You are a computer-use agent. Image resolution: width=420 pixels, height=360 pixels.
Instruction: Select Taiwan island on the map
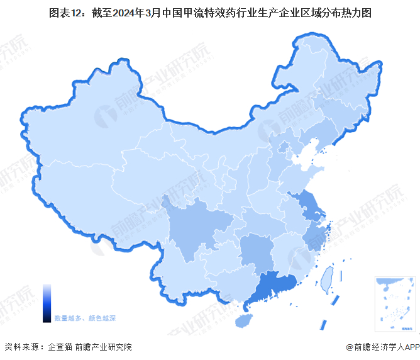click(326, 279)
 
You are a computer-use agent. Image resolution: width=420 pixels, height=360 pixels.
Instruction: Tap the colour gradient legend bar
click(47, 303)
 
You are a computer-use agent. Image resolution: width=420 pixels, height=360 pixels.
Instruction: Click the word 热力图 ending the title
click(355, 13)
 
